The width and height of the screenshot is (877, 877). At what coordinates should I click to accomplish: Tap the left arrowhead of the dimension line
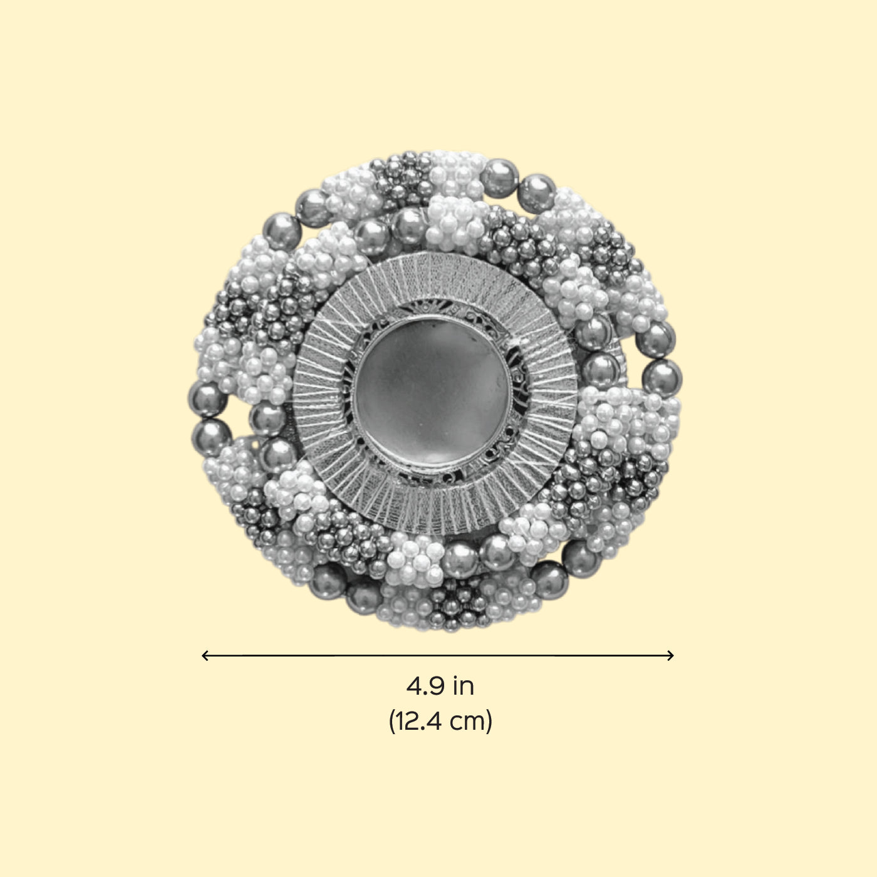[x=204, y=655]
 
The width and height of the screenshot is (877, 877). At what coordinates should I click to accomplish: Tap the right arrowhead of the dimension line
[x=670, y=655]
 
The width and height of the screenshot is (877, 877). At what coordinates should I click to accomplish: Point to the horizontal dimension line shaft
[x=438, y=655]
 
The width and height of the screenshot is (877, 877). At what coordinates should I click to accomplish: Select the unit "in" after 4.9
[x=464, y=687]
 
